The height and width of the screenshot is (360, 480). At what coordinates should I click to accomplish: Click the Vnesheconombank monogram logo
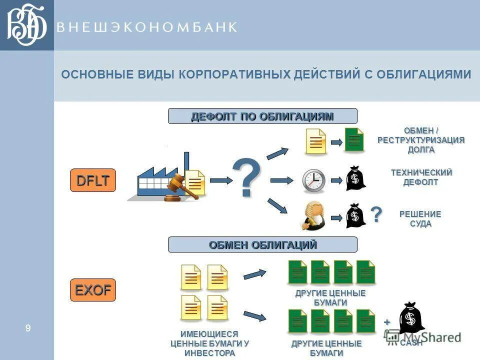click(26, 25)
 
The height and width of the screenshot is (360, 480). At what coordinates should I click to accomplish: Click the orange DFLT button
click(93, 180)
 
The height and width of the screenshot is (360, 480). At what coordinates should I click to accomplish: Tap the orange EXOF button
click(93, 290)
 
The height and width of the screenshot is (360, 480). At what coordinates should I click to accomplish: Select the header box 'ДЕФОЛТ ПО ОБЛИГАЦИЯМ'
click(262, 116)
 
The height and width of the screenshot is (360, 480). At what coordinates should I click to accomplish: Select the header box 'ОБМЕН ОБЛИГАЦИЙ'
click(262, 244)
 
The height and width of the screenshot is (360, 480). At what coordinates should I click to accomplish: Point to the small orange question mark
click(376, 214)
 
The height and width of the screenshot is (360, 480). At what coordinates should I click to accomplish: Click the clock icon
click(313, 180)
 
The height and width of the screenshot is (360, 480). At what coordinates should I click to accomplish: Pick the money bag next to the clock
click(355, 178)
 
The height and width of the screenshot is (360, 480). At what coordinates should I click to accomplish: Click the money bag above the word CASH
click(411, 317)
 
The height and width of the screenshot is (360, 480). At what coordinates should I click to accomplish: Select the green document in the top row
click(354, 140)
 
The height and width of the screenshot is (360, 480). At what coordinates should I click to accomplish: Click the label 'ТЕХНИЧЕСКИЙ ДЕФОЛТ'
click(421, 177)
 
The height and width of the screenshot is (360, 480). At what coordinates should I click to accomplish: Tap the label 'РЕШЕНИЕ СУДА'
click(420, 219)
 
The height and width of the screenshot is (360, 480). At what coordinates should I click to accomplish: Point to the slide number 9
click(28, 328)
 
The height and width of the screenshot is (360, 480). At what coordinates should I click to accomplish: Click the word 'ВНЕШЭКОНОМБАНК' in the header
click(146, 27)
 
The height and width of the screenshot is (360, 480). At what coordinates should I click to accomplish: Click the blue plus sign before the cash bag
click(386, 322)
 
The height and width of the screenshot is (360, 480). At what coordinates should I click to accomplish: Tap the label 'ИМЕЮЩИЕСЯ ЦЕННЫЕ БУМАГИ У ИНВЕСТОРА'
click(209, 343)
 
